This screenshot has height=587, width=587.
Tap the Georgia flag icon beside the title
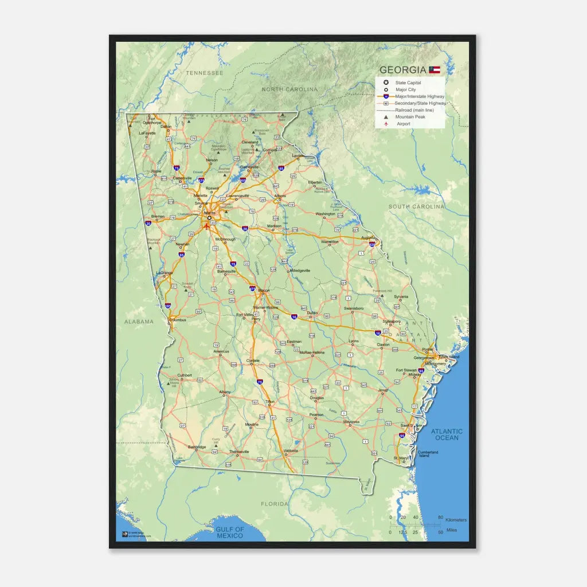[435, 70]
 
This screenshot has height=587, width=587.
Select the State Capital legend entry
[408, 83]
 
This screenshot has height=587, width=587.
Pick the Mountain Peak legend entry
[410, 117]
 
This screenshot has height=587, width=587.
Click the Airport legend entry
[404, 124]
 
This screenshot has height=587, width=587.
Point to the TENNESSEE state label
[205, 73]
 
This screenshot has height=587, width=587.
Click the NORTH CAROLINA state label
[289, 89]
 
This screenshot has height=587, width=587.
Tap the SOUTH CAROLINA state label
[416, 206]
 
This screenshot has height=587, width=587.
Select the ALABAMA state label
[139, 322]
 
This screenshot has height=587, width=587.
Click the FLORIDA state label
[275, 504]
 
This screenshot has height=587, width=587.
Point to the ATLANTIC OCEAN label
[447, 435]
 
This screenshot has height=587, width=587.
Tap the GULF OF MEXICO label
[230, 533]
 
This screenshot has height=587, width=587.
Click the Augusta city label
[367, 237]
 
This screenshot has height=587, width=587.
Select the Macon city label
[264, 291]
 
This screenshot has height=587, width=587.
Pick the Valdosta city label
[291, 451]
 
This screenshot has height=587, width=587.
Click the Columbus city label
[178, 320]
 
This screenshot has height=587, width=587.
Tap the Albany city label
[225, 392]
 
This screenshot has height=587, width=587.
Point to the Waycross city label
[351, 422]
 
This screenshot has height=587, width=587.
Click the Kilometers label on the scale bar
[456, 520]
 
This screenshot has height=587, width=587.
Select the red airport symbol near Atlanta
[206, 226]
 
